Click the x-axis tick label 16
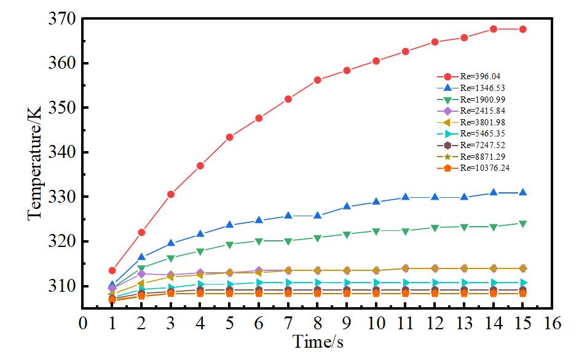pyautogui.click(x=553, y=323)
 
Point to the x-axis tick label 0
pyautogui.click(x=82, y=323)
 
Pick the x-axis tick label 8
pyautogui.click(x=318, y=323)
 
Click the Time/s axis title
pyautogui.click(x=318, y=342)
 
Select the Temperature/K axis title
pyautogui.click(x=34, y=152)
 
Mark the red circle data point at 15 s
pyautogui.click(x=523, y=29)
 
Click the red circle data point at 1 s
pyautogui.click(x=112, y=270)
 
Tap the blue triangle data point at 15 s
pyautogui.click(x=523, y=192)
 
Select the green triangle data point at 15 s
pyautogui.click(x=523, y=224)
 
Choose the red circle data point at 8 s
pyautogui.click(x=318, y=80)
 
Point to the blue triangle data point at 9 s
pyautogui.click(x=347, y=206)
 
